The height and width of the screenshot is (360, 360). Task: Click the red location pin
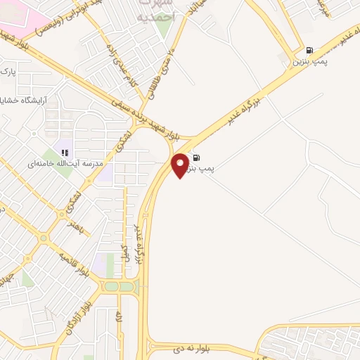pyautogui.click(x=181, y=165)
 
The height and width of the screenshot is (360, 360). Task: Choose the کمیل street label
pyautogui.click(x=125, y=252)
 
